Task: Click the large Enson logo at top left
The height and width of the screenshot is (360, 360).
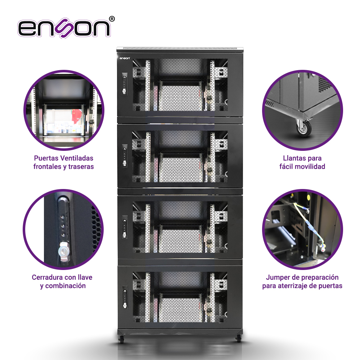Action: pos(64,28)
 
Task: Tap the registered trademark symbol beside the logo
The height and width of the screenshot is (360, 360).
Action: pos(112,19)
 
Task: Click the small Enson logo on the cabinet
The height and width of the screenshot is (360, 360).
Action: pos(125,58)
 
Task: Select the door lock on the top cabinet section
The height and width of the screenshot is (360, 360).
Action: pos(125,84)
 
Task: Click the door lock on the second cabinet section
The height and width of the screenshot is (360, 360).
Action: pos(125,156)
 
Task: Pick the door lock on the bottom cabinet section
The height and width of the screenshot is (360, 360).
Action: pos(125,297)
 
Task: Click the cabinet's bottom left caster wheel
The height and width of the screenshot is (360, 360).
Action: pos(121,339)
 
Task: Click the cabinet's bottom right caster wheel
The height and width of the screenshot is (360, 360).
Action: pos(238,339)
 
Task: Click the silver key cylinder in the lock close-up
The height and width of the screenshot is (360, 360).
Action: pos(63,251)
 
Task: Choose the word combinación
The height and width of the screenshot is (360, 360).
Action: pos(66,286)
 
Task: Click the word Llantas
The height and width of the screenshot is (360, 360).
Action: pos(294,158)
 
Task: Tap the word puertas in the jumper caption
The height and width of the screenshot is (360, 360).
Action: pos(330,286)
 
